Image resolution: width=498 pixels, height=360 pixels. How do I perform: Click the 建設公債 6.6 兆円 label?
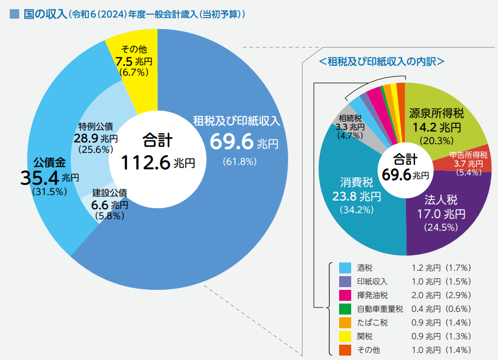click(110, 204)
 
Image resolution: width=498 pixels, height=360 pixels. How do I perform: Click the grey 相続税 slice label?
click(350, 127)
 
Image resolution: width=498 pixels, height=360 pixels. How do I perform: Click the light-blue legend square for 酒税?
click(345, 268)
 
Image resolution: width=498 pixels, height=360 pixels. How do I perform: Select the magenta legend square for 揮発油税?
click(345, 295)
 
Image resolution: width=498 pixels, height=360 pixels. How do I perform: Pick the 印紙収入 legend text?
click(372, 282)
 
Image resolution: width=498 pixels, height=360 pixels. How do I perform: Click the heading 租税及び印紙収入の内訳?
click(381, 61)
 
